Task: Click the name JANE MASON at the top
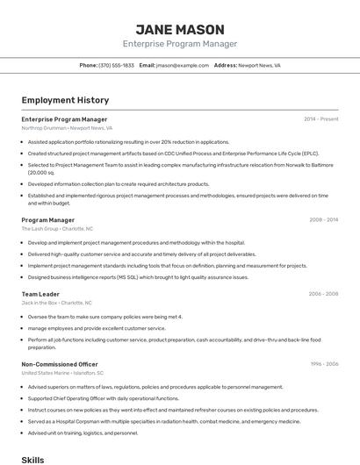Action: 179,29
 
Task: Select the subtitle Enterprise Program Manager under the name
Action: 179,44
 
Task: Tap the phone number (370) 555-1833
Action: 116,65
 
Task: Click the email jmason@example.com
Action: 182,65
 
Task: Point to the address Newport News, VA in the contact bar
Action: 259,65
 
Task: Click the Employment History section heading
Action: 65,100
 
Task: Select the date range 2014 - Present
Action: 320,118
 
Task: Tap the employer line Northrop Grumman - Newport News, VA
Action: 67,127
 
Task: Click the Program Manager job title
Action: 47,220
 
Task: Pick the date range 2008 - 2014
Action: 323,220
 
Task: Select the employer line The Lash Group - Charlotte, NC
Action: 57,228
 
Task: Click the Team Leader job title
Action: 40,294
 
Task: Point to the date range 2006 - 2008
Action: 323,294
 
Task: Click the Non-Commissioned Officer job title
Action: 60,363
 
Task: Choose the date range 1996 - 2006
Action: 323,363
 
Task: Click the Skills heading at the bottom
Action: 32,459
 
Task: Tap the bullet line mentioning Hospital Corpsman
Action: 151,421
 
